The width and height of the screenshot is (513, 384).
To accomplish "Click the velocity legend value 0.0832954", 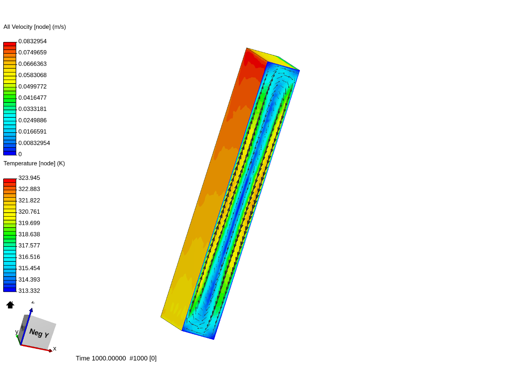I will (32, 41).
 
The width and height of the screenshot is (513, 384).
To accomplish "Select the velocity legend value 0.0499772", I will (32, 86).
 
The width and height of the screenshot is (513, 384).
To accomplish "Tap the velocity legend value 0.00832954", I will (34, 143).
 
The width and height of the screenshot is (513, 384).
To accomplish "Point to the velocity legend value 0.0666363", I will (32, 64).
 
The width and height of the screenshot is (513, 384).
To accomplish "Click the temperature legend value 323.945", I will (29, 178).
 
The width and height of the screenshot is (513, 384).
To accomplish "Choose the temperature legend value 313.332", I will (29, 291).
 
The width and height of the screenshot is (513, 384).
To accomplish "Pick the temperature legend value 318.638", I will (29, 234).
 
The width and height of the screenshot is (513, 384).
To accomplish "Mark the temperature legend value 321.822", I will (29, 201).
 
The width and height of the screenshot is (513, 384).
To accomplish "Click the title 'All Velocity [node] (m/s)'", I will (35, 27).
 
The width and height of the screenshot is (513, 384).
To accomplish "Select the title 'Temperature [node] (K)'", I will (34, 164).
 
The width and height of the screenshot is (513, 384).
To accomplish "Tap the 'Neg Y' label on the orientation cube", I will (39, 333).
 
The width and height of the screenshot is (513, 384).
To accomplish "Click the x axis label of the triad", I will (55, 349).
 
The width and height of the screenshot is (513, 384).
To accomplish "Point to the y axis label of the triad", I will (17, 332).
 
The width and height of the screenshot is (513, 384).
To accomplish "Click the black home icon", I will (10, 305).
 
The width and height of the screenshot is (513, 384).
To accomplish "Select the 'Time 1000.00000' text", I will (101, 358).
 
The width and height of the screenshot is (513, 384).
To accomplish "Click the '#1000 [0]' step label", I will (143, 358).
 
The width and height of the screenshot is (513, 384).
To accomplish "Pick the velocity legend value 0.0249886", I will (32, 121).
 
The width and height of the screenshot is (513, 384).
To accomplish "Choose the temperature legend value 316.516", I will (29, 257).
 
